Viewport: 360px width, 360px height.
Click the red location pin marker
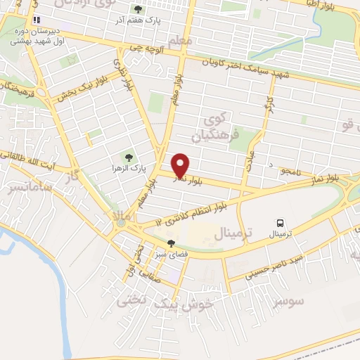pyautogui.click(x=181, y=165)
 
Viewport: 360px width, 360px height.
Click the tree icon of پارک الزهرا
pyautogui.click(x=127, y=157)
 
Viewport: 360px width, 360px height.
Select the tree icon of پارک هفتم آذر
pyautogui.click(x=139, y=10)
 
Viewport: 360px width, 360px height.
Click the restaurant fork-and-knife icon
pyautogui.click(x=37, y=20)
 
